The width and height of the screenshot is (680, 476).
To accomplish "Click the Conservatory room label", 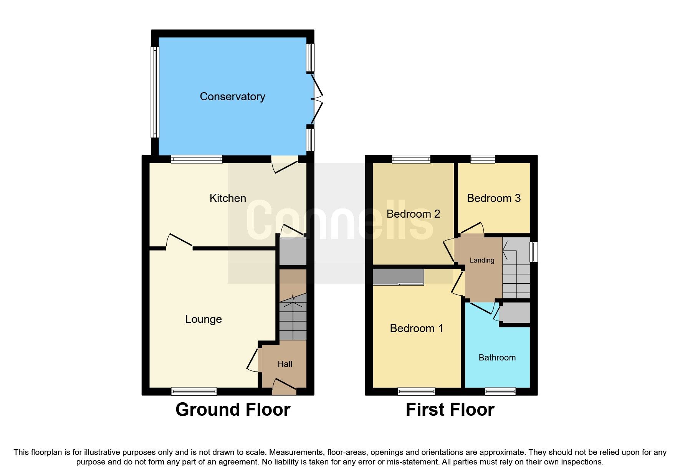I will click(232, 96).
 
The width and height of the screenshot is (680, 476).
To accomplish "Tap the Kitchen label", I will click(228, 198).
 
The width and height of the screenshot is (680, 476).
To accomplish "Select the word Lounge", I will click(204, 319).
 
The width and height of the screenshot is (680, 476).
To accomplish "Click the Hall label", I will click(285, 364).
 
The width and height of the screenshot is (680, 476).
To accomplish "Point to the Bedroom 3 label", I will click(493, 198).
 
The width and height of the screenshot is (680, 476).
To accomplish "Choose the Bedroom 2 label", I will click(413, 214).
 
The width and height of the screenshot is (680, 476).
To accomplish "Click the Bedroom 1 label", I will click(416, 328).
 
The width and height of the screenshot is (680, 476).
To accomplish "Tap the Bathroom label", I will click(497, 357).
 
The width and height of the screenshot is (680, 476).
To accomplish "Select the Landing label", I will click(482, 260).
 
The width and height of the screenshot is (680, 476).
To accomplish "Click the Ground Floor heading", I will click(233, 410).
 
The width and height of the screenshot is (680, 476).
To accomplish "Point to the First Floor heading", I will click(450, 410).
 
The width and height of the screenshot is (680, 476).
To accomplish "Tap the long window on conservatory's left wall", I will click(154, 92).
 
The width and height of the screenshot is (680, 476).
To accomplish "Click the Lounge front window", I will click(194, 391).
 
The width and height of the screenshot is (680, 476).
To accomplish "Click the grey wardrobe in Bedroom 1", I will click(398, 277).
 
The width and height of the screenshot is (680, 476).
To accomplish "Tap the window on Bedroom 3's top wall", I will click(483, 159).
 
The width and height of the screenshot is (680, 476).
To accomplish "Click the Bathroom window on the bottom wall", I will click(500, 391).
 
